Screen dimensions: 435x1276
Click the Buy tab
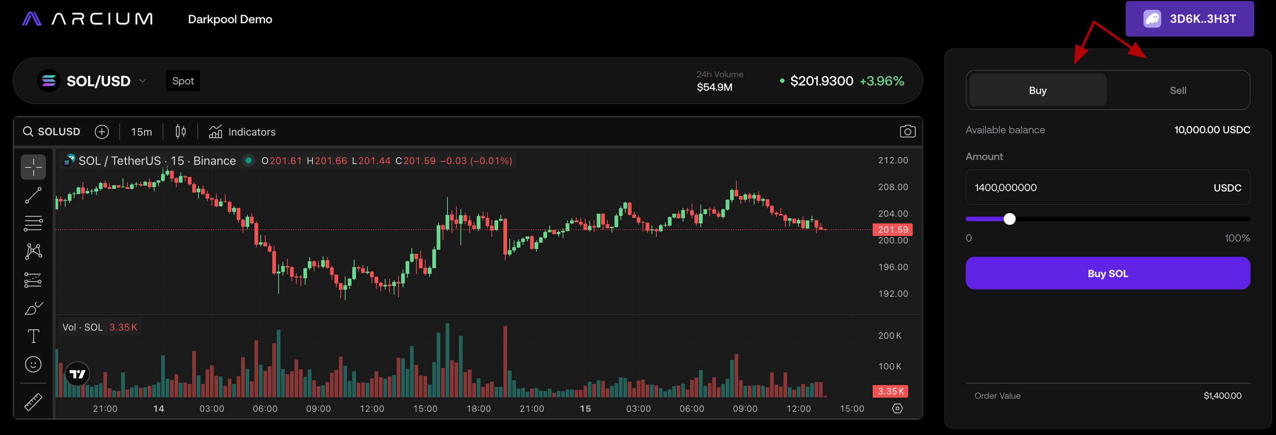tap(1037, 90)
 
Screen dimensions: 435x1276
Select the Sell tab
tap(1178, 90)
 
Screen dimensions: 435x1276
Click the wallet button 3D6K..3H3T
tap(1189, 19)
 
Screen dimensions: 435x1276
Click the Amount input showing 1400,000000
tap(1090, 187)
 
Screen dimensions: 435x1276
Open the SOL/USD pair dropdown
tap(143, 81)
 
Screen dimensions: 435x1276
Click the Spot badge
tap(183, 81)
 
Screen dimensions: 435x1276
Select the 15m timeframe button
tap(141, 132)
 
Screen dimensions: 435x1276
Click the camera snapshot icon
tap(907, 131)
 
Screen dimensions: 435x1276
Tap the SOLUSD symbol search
tap(51, 132)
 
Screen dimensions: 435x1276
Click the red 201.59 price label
tap(892, 230)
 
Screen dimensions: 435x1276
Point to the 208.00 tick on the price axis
tap(892, 187)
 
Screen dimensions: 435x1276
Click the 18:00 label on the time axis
tap(478, 409)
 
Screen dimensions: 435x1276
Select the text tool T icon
tap(33, 336)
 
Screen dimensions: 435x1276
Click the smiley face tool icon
tap(33, 364)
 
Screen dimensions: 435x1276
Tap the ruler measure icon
tap(33, 402)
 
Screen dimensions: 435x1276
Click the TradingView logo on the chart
tap(77, 374)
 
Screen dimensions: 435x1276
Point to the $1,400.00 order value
tap(1222, 396)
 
